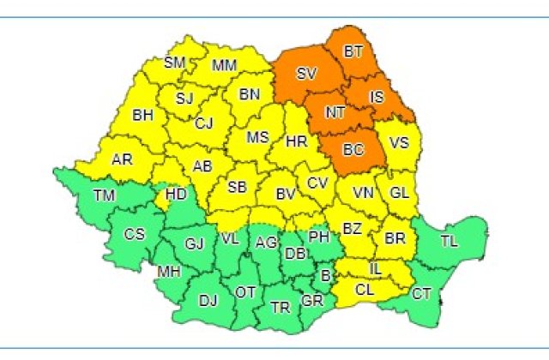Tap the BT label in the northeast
pyautogui.click(x=353, y=52)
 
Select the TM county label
pyautogui.click(x=104, y=197)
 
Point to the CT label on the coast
pyautogui.click(x=421, y=294)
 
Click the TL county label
pyautogui.click(x=449, y=241)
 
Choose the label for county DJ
pyautogui.click(x=208, y=300)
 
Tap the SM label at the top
pyautogui.click(x=175, y=63)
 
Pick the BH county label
pyautogui.click(x=142, y=114)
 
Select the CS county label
pyautogui.click(x=135, y=233)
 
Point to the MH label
pyautogui.click(x=168, y=273)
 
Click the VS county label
pyautogui.click(x=398, y=143)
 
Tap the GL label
pyautogui.click(x=399, y=193)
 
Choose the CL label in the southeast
pyautogui.click(x=365, y=290)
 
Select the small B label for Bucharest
pyautogui.click(x=324, y=275)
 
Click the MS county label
pyautogui.click(x=258, y=137)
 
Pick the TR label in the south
pyautogui.click(x=280, y=307)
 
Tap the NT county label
pyautogui.click(x=335, y=112)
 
